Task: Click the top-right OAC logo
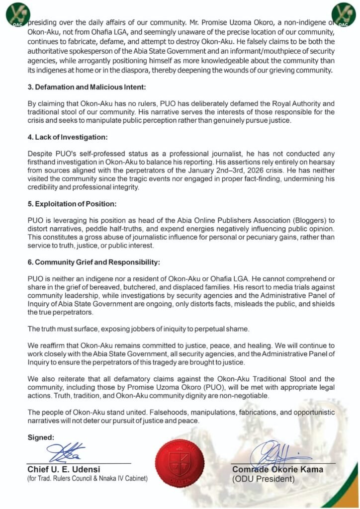pyautogui.click(x=344, y=14)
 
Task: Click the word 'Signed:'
pyautogui.click(x=41, y=437)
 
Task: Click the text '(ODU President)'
pyautogui.click(x=263, y=480)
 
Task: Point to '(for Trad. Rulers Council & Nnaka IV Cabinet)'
pyautogui.click(x=88, y=479)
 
